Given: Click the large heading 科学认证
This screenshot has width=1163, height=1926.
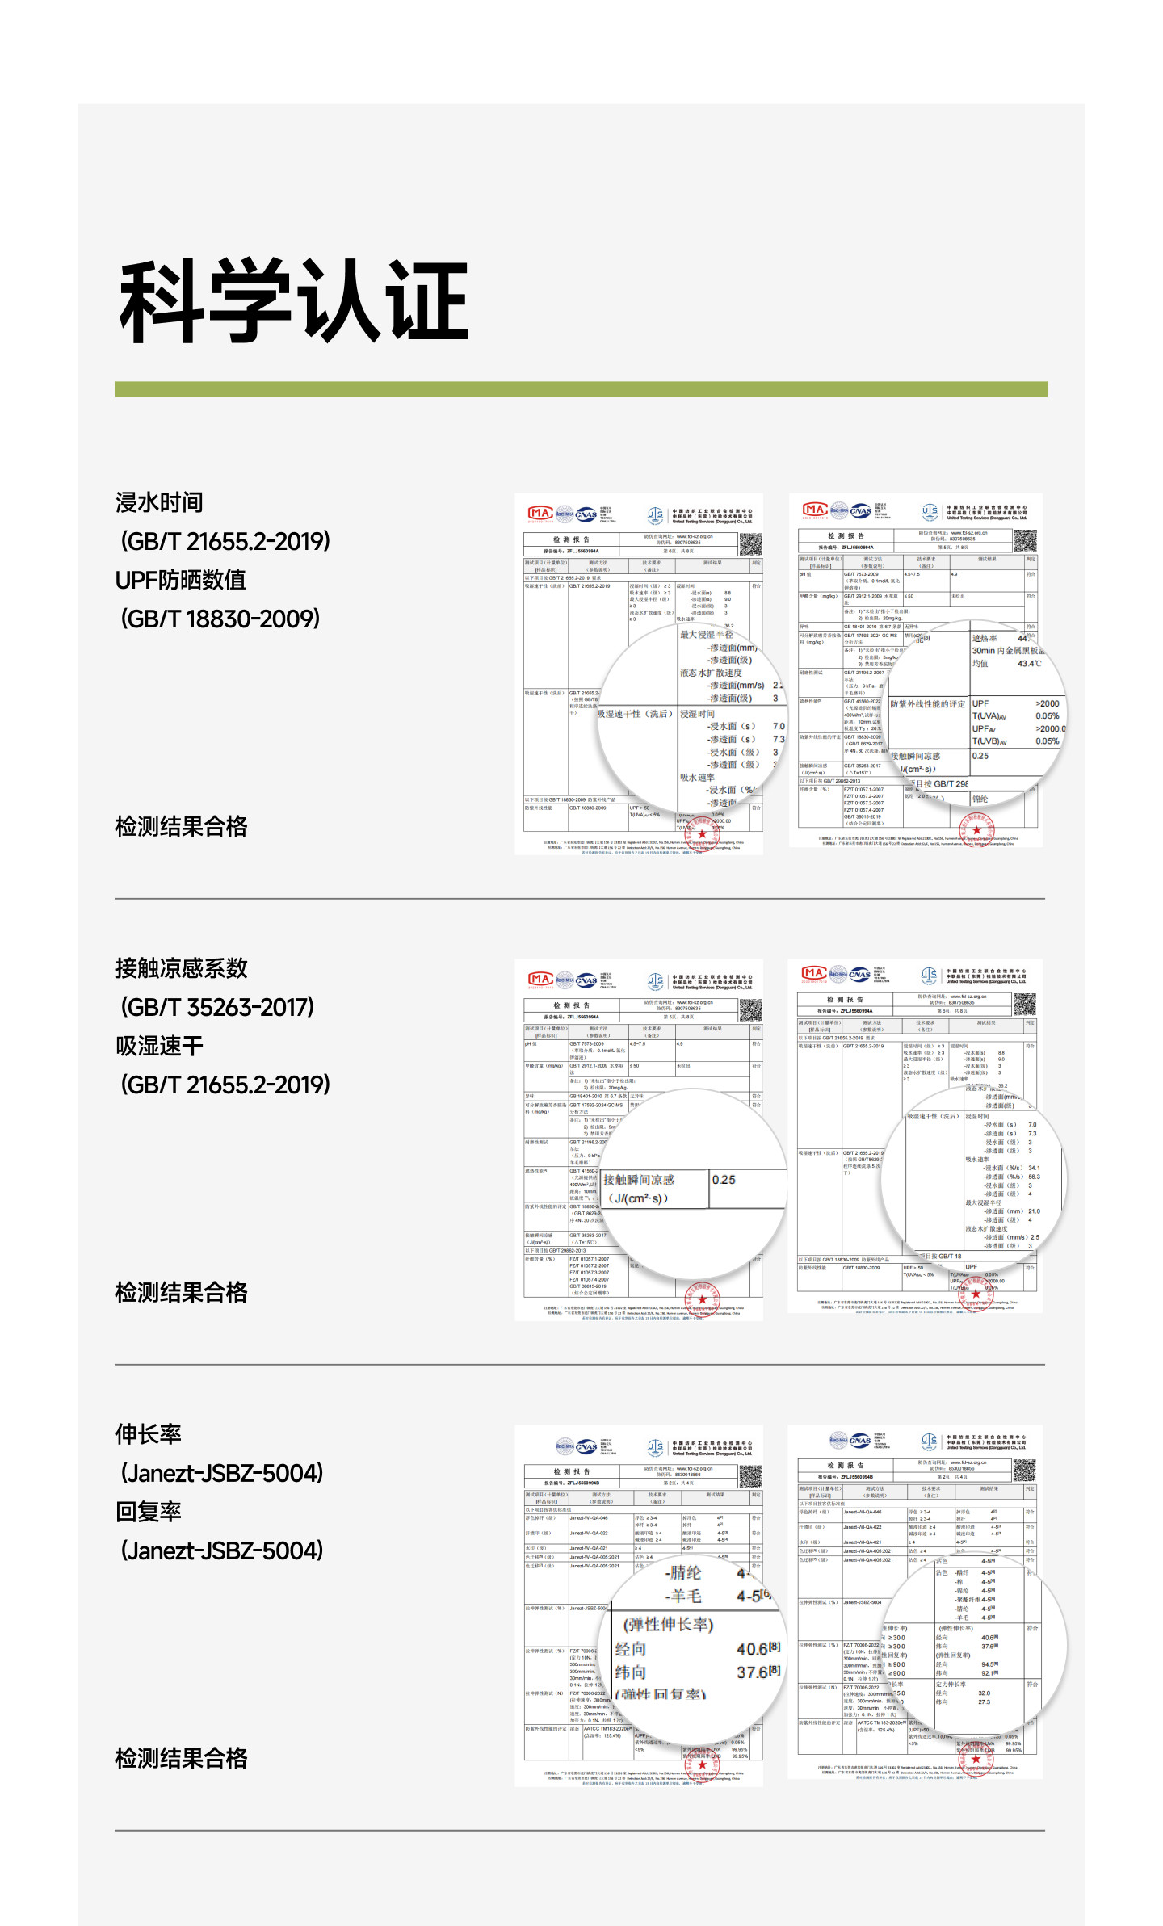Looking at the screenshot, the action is tap(294, 300).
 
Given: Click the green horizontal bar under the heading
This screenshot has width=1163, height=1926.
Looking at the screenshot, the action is tap(581, 389).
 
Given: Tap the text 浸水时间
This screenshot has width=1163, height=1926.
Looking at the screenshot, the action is tap(159, 502).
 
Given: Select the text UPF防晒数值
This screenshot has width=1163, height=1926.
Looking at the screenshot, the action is tap(180, 580).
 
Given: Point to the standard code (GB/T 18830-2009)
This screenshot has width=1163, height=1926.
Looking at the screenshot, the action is tap(220, 619).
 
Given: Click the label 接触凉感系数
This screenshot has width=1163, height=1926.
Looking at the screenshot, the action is tap(181, 968).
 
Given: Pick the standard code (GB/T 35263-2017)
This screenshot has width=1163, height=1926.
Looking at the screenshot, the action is tap(217, 1007).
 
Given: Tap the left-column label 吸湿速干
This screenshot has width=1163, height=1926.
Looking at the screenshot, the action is tap(159, 1046).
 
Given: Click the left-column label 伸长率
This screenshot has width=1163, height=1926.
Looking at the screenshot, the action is tap(148, 1434).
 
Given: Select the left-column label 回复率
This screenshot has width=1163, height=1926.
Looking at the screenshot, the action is tap(148, 1512).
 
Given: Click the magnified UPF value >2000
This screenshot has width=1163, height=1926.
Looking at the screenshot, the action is tap(1048, 703).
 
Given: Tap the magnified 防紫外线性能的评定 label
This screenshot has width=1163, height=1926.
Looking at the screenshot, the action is tap(927, 704).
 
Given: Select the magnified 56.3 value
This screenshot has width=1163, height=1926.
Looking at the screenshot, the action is tap(1034, 1177).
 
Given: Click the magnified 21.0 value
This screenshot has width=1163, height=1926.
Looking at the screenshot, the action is tap(1034, 1211).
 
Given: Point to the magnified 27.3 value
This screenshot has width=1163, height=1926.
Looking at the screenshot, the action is tap(984, 1702).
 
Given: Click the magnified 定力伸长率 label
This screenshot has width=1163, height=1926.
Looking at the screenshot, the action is tap(951, 1685).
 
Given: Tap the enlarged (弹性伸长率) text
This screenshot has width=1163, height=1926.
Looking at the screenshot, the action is tap(668, 1625).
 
